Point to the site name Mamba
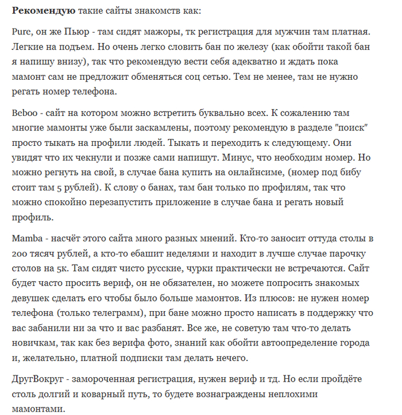pyautogui.click(x=26, y=238)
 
